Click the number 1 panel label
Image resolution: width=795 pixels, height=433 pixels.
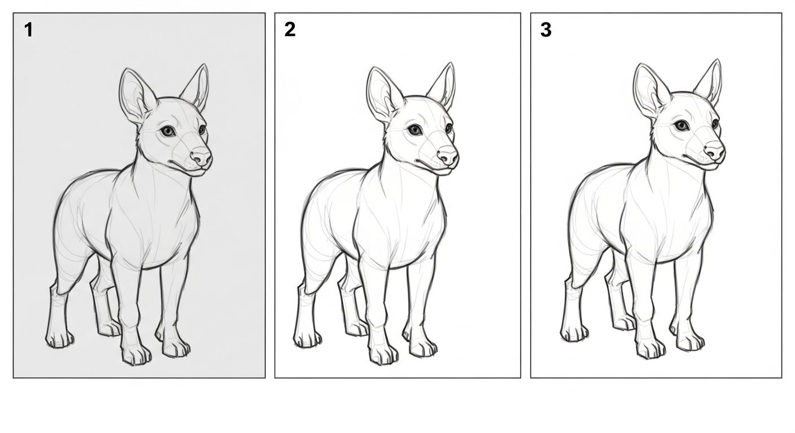[x=28, y=30]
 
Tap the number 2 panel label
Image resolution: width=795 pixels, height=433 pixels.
[x=290, y=29]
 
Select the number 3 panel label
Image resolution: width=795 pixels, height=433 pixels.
[x=546, y=29]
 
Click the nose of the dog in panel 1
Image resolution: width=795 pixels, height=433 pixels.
[x=200, y=156]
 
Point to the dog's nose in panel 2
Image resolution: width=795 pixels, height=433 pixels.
[x=447, y=155]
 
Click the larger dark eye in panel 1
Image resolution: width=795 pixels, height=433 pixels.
[x=168, y=131]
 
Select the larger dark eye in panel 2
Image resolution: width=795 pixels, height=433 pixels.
[x=414, y=130]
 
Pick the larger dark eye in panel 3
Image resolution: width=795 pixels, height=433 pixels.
[x=681, y=125]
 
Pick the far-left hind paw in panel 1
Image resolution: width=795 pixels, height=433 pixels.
[x=60, y=339]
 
